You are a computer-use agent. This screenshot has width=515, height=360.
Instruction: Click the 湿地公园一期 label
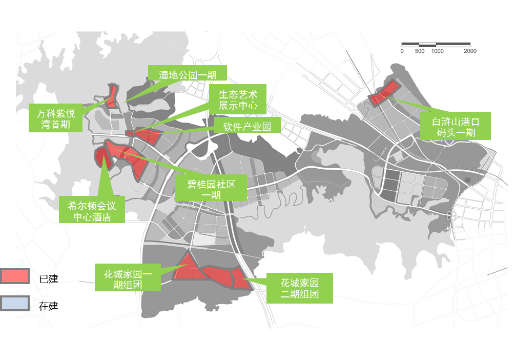(x=187, y=74)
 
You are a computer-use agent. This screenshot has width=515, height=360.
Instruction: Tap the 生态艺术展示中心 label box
(x=238, y=100)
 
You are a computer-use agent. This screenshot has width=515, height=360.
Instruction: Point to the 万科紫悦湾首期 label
(x=56, y=118)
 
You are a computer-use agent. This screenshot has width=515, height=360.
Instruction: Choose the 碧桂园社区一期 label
(x=211, y=189)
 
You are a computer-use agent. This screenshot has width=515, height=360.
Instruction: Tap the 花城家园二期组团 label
(x=300, y=288)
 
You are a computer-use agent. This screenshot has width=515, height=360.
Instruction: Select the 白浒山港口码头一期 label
(x=455, y=126)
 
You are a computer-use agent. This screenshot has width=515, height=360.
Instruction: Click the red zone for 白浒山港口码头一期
(x=383, y=93)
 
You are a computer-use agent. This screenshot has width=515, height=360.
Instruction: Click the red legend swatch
(x=14, y=276)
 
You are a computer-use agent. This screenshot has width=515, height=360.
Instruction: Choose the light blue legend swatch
(x=14, y=304)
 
